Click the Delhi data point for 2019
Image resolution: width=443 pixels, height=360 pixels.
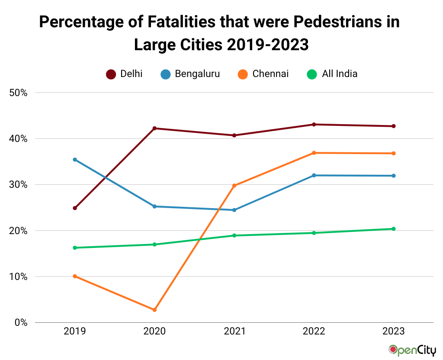(x=75, y=208)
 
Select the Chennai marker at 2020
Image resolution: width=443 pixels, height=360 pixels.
(x=154, y=310)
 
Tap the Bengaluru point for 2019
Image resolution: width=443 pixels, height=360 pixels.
(x=75, y=160)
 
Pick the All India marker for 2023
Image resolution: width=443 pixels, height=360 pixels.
(x=393, y=229)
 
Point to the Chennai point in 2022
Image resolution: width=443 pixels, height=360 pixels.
(x=314, y=153)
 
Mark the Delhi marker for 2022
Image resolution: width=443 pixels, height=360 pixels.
(x=314, y=125)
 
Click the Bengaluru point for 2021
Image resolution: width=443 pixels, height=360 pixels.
(x=234, y=210)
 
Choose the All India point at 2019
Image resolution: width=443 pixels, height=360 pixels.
(x=75, y=247)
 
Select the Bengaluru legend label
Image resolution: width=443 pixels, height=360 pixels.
(x=197, y=74)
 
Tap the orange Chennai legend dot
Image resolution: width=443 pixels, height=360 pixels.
(x=243, y=74)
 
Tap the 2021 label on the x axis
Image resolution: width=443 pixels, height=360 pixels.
(x=234, y=331)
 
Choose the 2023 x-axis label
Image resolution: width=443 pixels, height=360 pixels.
(x=393, y=331)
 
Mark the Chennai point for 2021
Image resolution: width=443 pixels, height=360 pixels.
(x=234, y=186)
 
